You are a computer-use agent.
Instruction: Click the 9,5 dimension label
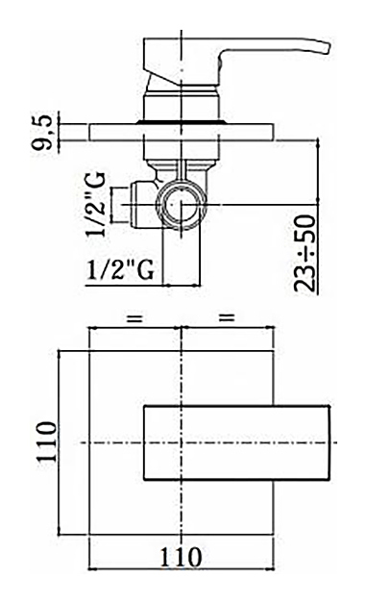(42, 132)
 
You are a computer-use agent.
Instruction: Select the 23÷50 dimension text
(306, 254)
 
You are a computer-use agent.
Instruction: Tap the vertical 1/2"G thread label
(95, 204)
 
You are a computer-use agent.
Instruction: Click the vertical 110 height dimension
(46, 441)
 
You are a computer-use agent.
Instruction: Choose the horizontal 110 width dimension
(181, 557)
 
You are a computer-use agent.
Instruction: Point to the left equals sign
(135, 318)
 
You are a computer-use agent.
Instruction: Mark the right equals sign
(227, 318)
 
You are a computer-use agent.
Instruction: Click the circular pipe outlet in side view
(182, 204)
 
